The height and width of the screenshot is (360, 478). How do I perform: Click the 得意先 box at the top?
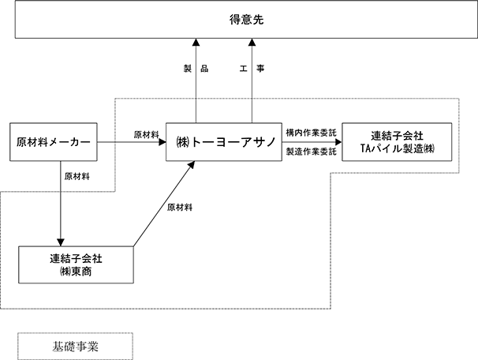(246, 19)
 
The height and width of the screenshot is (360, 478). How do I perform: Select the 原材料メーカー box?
(54, 142)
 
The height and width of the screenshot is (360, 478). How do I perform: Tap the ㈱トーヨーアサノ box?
(224, 142)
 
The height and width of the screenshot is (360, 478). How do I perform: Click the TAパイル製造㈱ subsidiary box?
(397, 142)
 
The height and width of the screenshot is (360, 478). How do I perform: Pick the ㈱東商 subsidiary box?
(76, 264)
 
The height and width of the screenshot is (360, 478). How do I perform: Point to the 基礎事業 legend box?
(75, 347)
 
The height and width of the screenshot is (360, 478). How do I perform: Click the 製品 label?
(196, 69)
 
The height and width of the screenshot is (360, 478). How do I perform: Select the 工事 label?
(252, 69)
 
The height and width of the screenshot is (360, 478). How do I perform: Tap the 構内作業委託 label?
(312, 133)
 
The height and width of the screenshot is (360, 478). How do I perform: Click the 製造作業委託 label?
(312, 152)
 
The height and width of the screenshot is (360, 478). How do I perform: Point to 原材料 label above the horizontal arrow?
(147, 134)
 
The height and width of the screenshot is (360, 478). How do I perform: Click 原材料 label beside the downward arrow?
(77, 176)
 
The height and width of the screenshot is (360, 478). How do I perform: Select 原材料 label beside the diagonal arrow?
(180, 208)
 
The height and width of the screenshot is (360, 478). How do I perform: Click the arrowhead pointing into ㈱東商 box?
(61, 242)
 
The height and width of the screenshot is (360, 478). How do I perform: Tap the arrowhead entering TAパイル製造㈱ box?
(338, 142)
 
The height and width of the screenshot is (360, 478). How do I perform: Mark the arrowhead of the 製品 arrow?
(196, 42)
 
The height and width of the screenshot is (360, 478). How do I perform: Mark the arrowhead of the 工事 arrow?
(252, 42)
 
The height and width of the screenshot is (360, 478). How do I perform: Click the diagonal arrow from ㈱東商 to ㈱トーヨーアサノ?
(164, 204)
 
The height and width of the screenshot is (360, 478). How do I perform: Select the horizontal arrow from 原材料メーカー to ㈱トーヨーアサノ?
(132, 142)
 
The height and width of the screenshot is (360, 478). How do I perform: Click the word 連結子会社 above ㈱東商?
(76, 259)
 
